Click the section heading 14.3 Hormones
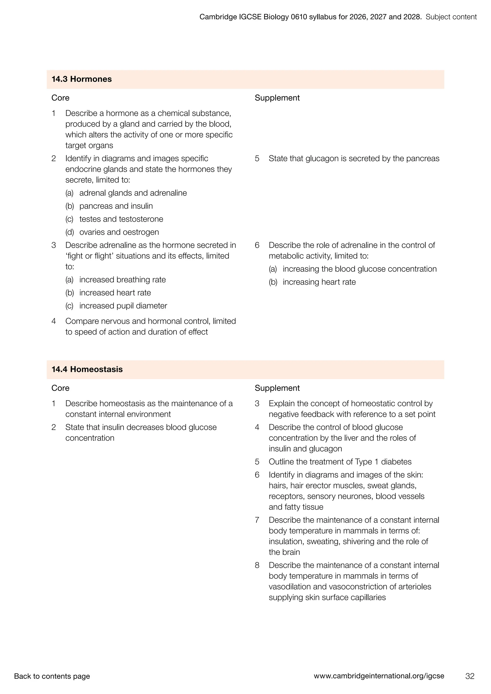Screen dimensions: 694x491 click(82, 79)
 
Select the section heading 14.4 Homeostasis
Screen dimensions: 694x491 click(87, 369)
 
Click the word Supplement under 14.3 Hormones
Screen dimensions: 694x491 click(277, 98)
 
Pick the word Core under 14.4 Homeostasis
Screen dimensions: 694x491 click(60, 388)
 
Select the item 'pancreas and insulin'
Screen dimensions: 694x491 click(116, 206)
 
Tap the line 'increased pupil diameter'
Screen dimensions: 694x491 click(123, 306)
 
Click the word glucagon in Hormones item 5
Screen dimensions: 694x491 click(322, 159)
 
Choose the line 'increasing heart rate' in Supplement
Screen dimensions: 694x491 click(319, 282)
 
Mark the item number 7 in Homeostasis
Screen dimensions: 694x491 click(257, 520)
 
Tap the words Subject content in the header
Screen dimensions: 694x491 click(451, 17)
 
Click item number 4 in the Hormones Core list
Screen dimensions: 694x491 click(53, 321)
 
